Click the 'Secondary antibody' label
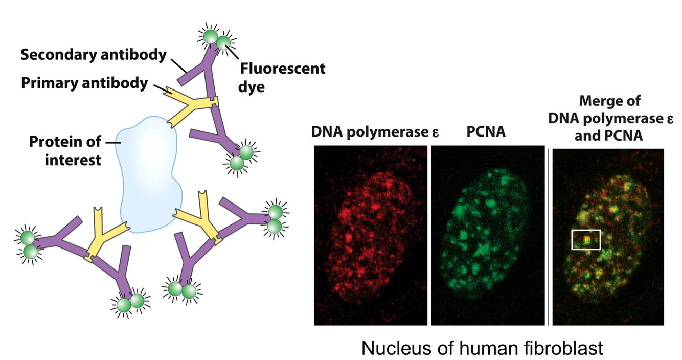coord(94,54)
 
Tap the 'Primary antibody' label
coord(84,83)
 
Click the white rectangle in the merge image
coord(586,239)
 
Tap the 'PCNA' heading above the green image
coord(486,132)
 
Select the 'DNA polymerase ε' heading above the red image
coord(375,132)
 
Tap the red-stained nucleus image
coord(370,235)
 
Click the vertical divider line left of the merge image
coord(548,235)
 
